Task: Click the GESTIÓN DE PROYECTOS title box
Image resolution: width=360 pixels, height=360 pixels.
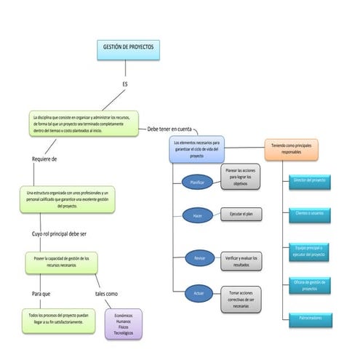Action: point(127,49)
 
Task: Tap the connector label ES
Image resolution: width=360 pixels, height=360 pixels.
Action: point(125,84)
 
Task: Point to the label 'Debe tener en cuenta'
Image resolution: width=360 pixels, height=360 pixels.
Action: point(169,129)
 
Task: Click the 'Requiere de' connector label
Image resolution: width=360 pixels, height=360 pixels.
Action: point(44,159)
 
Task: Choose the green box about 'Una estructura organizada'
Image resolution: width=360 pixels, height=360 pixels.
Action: point(66,199)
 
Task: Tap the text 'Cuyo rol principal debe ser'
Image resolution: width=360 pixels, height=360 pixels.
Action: point(59,234)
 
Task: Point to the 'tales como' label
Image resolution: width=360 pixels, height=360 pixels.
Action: point(106,294)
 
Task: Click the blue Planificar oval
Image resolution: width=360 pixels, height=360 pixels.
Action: point(197,182)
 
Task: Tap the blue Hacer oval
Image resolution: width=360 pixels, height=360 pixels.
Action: point(197,216)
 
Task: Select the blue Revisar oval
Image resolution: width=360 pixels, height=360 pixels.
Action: point(199,258)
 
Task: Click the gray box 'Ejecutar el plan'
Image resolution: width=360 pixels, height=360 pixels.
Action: point(240,215)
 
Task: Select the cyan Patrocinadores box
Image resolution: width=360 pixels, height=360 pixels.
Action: point(310,318)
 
